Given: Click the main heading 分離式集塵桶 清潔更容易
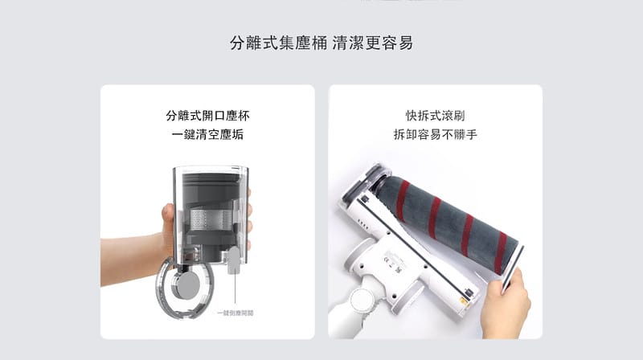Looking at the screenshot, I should point(321,43).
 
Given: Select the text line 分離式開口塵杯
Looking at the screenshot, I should point(207,116).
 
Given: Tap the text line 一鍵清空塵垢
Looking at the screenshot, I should point(207,135).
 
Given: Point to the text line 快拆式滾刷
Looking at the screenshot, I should point(435,116).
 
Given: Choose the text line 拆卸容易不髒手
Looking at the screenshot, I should point(435,135).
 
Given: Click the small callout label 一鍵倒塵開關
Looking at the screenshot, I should point(235,312).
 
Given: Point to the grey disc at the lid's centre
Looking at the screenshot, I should point(191,285).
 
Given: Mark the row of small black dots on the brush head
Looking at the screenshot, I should point(360,223).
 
